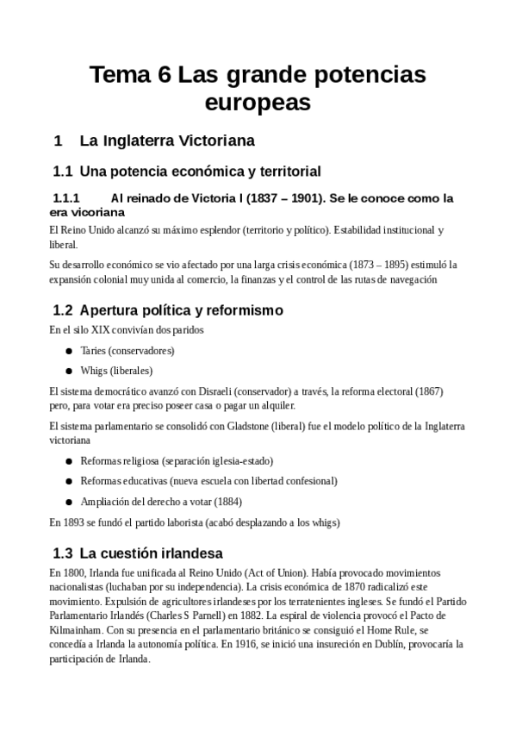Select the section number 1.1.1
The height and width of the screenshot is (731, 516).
(x=66, y=198)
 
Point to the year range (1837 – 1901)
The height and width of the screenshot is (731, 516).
(x=290, y=198)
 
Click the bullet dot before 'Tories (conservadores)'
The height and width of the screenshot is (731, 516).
(x=68, y=352)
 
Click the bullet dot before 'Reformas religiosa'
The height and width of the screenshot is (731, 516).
(x=68, y=461)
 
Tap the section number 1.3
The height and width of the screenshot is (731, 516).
(x=62, y=553)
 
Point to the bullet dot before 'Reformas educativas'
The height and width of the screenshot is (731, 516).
(x=68, y=481)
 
